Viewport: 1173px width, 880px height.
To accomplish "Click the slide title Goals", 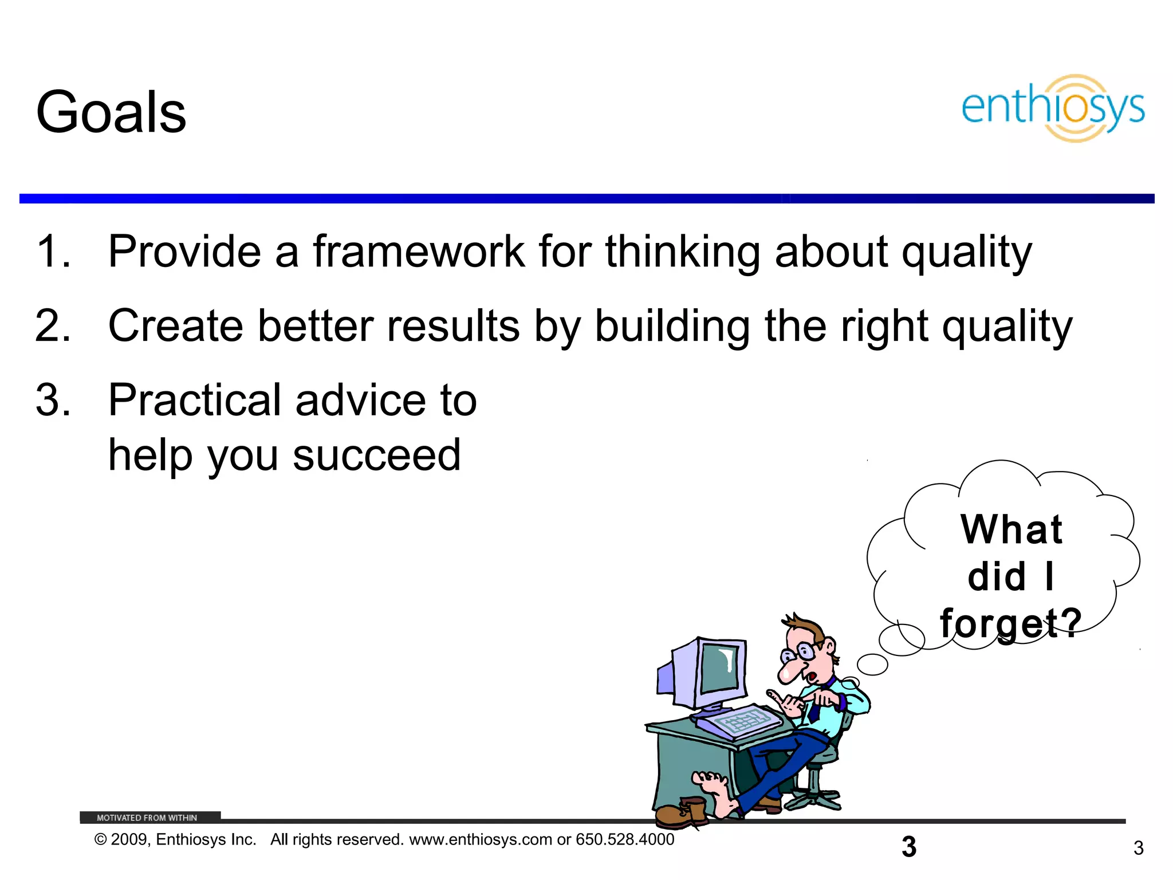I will pos(111,113).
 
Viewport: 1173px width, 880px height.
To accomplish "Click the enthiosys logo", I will pos(1053,108).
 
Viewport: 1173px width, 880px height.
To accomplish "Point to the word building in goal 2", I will pos(672,326).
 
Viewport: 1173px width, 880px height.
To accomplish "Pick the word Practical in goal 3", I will pos(194,400).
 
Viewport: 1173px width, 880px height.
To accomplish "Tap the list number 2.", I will pos(53,326).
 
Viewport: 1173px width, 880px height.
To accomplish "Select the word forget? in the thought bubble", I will pos(1010,623).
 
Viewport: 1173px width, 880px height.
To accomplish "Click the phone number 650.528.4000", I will pos(625,840).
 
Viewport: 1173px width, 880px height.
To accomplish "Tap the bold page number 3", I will pos(909,847).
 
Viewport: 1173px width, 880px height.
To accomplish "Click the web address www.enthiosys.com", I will pos(481,840).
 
